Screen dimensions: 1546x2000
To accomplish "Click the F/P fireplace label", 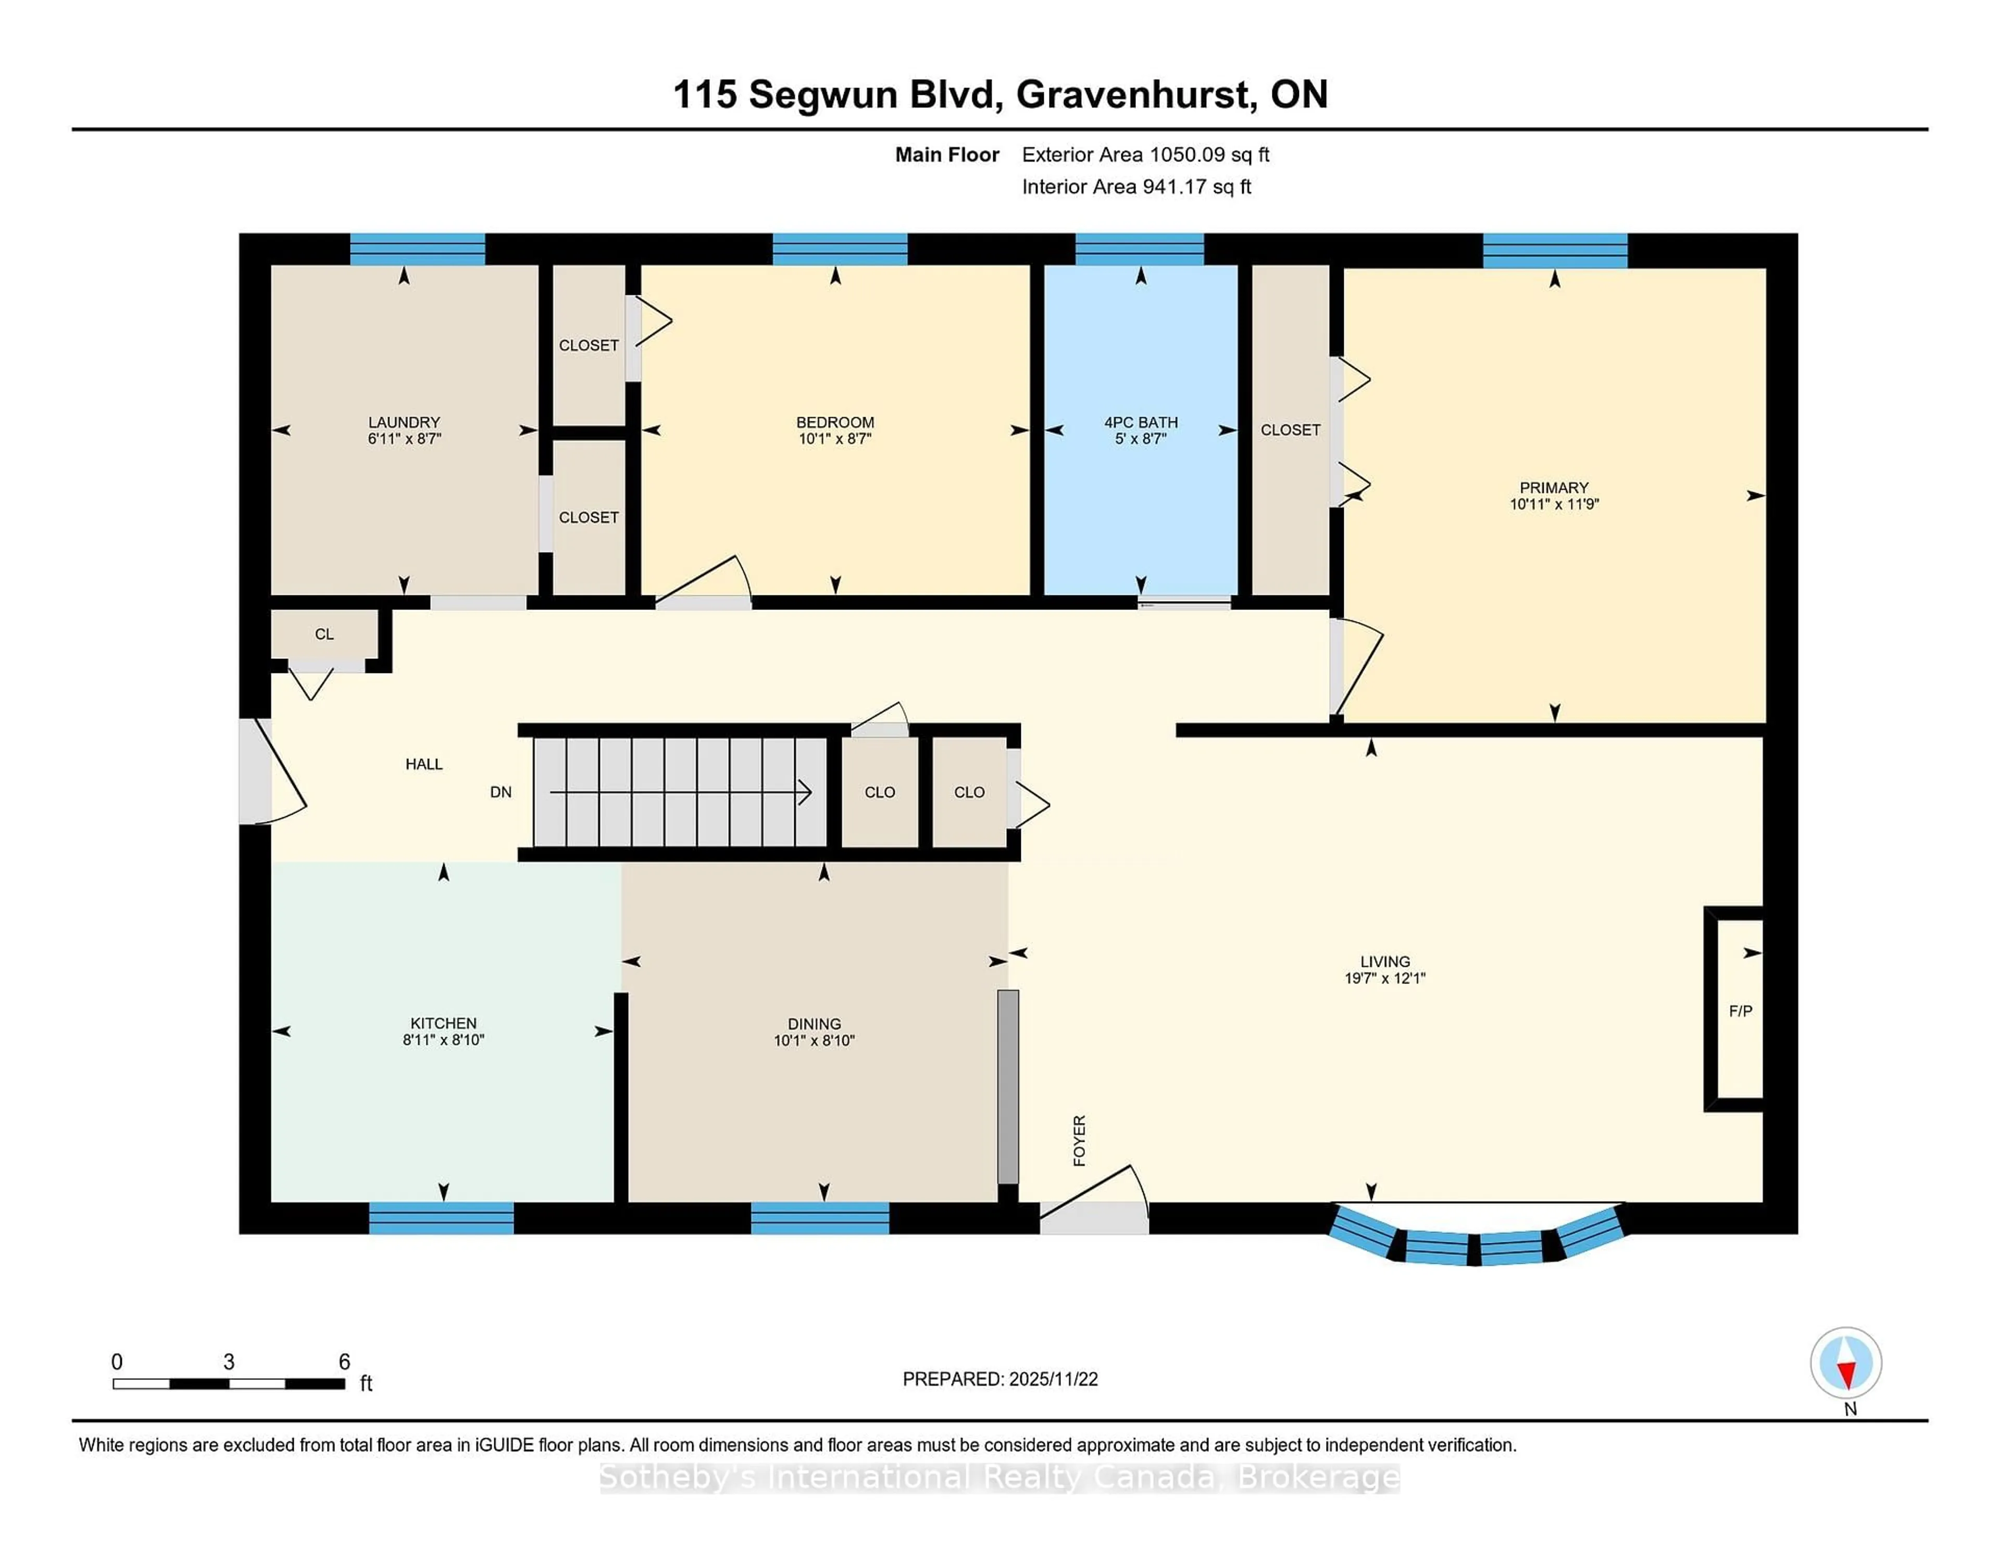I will [1740, 1011].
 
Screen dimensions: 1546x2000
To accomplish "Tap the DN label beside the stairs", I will [500, 792].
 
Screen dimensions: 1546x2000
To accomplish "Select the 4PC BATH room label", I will [1140, 422].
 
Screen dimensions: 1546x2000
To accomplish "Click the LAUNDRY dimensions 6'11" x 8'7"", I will [404, 439].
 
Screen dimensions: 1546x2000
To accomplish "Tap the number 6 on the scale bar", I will [344, 1362].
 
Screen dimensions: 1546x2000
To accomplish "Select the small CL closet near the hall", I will [324, 634].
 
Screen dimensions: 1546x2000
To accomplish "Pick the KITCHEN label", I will [443, 1023].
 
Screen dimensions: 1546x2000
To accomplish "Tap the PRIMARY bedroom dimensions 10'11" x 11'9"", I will [1554, 504].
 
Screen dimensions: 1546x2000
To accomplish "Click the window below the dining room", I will [820, 1218].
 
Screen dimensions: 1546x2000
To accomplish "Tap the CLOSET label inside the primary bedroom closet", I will [1290, 430].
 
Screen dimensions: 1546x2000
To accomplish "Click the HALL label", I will [424, 764].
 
